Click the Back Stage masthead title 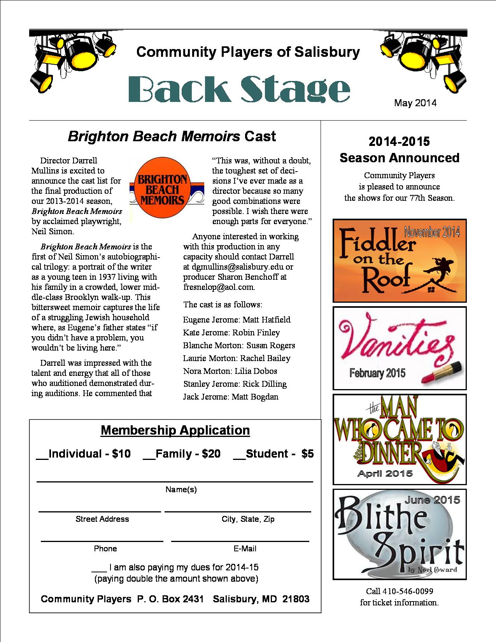click(x=239, y=89)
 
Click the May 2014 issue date click(x=415, y=103)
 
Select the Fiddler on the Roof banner click(x=400, y=260)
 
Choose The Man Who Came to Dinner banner click(x=400, y=439)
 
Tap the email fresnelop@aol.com click(x=219, y=288)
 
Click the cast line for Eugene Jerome click(x=237, y=320)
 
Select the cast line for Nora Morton click(x=230, y=371)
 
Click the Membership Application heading click(x=175, y=430)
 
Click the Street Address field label click(x=102, y=519)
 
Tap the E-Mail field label click(x=245, y=549)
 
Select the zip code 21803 click(x=296, y=599)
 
